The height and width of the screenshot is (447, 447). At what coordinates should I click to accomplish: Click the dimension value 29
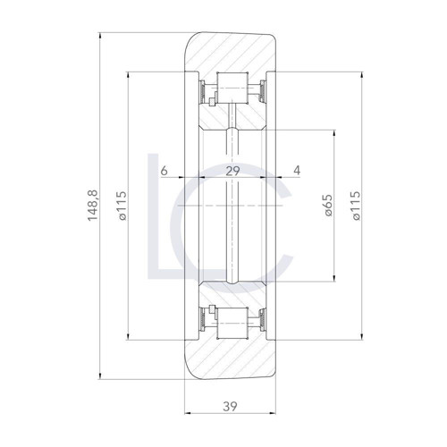(x=232, y=170)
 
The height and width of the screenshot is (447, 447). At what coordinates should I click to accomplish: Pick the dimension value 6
(x=164, y=170)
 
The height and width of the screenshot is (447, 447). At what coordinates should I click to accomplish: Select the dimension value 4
(x=297, y=170)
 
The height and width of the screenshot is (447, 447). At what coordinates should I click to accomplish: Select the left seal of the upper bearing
(x=205, y=89)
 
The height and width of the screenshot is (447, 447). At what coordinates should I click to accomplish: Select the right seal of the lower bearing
(x=258, y=321)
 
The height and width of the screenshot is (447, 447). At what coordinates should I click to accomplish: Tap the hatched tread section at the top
(x=232, y=49)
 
